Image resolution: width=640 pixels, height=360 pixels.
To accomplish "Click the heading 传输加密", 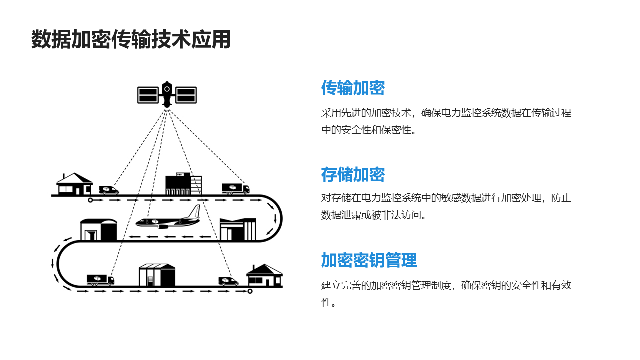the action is click(353, 88).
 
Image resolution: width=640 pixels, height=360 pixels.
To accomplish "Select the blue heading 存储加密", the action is click(353, 175).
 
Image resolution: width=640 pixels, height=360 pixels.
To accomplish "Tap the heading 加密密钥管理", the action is click(369, 260).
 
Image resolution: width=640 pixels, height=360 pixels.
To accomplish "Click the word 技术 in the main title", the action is click(171, 39).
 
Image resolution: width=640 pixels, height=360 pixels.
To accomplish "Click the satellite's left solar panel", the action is click(148, 95).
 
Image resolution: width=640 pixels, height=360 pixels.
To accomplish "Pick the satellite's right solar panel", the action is click(186, 95).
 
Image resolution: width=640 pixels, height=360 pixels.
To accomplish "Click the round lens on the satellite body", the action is click(167, 89).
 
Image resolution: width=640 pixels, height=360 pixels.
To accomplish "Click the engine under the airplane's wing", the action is click(163, 227).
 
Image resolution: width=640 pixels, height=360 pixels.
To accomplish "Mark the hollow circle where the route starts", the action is click(90, 200).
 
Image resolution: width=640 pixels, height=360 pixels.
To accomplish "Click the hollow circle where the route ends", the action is click(250, 291).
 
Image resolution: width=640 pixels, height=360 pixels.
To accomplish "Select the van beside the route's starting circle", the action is click(109, 190).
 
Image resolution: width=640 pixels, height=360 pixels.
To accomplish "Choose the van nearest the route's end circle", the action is click(228, 281).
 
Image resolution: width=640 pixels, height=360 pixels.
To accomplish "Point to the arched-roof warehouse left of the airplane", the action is click(99, 230).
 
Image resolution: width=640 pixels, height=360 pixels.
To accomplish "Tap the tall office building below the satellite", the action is click(184, 184).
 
